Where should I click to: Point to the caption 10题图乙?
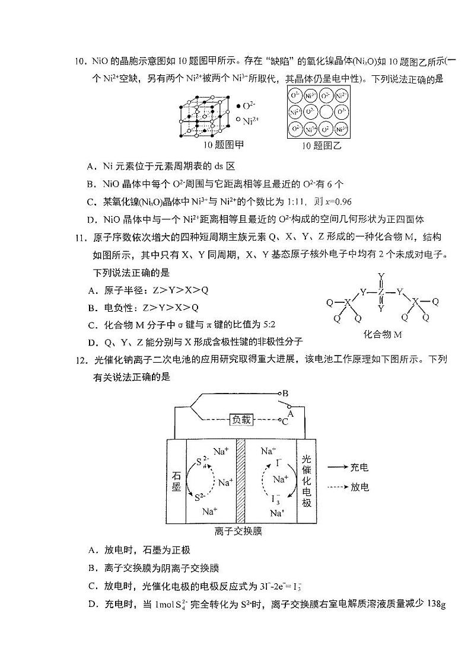click(322, 146)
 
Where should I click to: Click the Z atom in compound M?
click(381, 292)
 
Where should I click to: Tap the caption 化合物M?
click(383, 334)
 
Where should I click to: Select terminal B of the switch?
click(281, 393)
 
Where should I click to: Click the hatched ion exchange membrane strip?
click(241, 481)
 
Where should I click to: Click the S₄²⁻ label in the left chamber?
click(201, 463)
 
